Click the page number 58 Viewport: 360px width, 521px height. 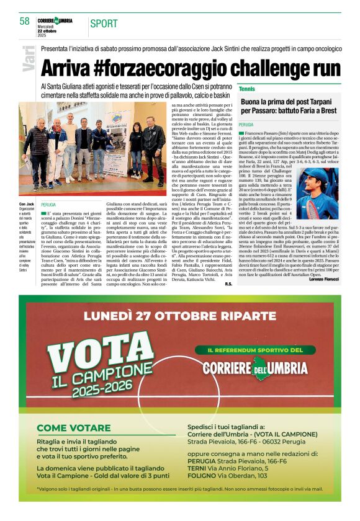click(24, 21)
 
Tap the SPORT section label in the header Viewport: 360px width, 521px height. click(104, 24)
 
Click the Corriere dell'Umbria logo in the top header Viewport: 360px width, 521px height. click(55, 20)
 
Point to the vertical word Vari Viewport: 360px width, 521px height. click(29, 59)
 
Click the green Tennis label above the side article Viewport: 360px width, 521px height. click(247, 89)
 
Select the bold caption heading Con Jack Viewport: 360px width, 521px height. click(26, 203)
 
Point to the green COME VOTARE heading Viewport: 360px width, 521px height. click(74, 427)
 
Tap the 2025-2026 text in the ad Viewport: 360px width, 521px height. click(114, 391)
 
